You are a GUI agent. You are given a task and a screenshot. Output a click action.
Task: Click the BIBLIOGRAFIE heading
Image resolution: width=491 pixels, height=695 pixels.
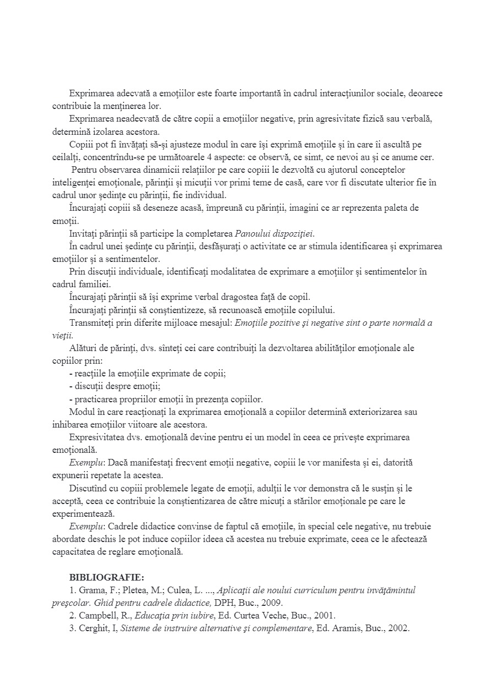(107, 577)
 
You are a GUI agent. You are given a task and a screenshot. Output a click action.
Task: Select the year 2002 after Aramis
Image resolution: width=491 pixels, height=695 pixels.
(399, 628)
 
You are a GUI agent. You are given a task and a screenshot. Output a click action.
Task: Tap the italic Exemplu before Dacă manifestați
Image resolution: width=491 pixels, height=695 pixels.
(83, 463)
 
